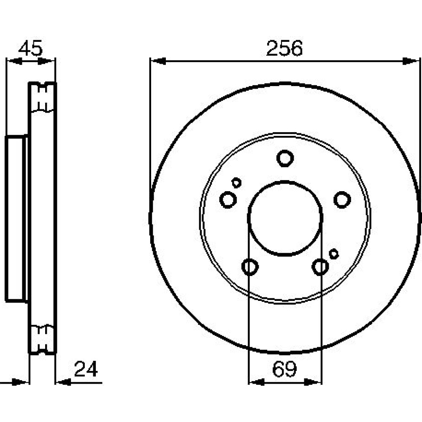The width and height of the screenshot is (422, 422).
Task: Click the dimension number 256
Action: (284, 49)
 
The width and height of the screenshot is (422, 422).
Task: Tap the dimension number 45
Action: (30, 49)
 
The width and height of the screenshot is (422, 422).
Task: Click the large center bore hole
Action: (285, 218)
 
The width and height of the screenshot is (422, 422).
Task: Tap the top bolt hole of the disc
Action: (285, 159)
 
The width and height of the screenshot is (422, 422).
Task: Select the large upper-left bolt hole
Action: (228, 200)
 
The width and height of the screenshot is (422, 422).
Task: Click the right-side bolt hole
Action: (342, 200)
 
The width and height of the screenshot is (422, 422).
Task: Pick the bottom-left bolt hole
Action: (250, 267)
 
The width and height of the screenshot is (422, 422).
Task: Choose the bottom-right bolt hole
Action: (320, 267)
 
